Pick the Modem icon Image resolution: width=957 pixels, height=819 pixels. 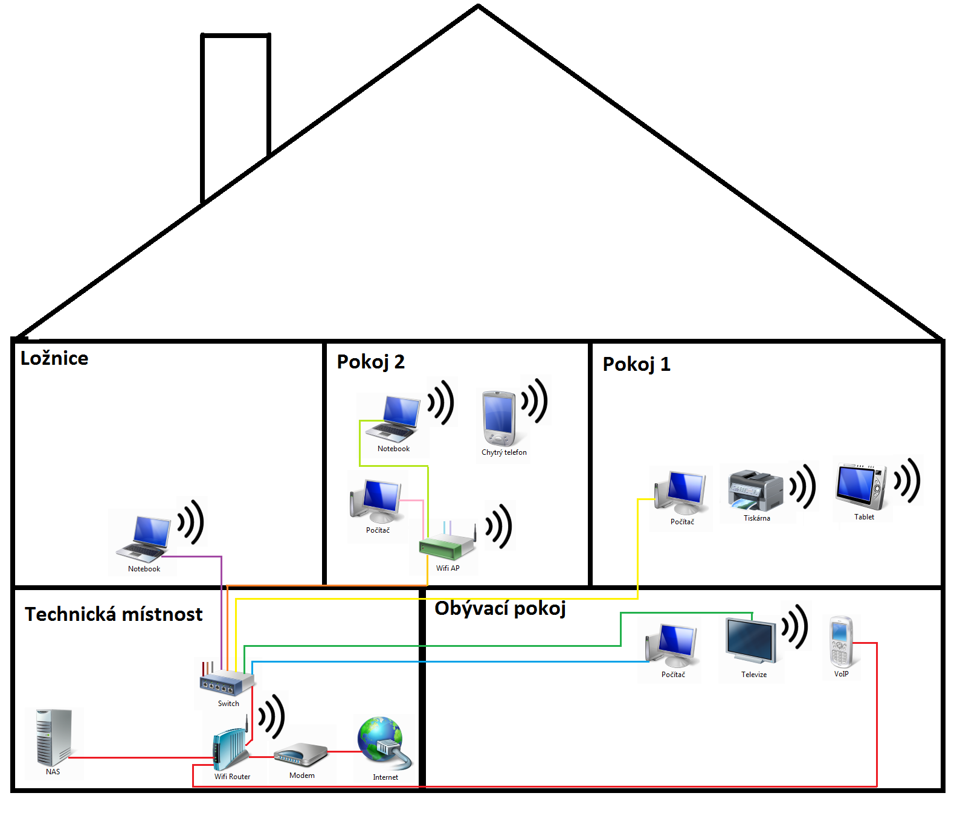300,755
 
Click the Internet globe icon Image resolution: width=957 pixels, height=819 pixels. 383,743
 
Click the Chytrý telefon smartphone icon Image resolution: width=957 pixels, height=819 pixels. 499,418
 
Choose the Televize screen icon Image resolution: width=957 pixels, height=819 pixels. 751,642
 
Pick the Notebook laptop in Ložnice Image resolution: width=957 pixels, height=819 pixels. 144,539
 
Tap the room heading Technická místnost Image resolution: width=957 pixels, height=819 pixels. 114,614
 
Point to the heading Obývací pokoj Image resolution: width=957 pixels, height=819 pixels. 500,608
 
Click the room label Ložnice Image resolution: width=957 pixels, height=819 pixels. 54,358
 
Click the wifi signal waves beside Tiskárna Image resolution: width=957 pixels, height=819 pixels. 804,486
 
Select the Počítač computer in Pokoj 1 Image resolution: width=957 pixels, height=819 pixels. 681,494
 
